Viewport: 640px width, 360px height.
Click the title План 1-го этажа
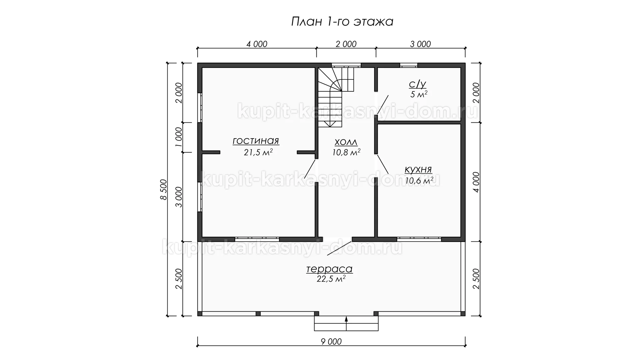[342, 22]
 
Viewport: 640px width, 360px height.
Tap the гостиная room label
[256, 141]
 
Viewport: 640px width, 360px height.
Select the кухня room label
[418, 169]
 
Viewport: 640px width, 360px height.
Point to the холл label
[346, 142]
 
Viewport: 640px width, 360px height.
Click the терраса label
[329, 269]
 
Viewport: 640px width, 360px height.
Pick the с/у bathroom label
[418, 84]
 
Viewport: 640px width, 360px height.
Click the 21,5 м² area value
[258, 152]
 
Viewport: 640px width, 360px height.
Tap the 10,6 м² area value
[419, 180]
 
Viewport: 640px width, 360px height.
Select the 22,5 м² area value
[331, 279]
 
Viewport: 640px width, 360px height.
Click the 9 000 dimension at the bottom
[331, 341]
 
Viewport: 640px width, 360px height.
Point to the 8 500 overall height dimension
[163, 189]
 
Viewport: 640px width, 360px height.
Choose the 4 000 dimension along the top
[257, 44]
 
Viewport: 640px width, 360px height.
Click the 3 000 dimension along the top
[420, 44]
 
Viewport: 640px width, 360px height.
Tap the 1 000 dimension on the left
[179, 137]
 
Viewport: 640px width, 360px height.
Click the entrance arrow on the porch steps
[346, 323]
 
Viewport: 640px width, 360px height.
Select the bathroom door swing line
[383, 105]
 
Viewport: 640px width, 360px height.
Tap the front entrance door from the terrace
[339, 247]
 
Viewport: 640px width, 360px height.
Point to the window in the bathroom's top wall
[409, 65]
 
